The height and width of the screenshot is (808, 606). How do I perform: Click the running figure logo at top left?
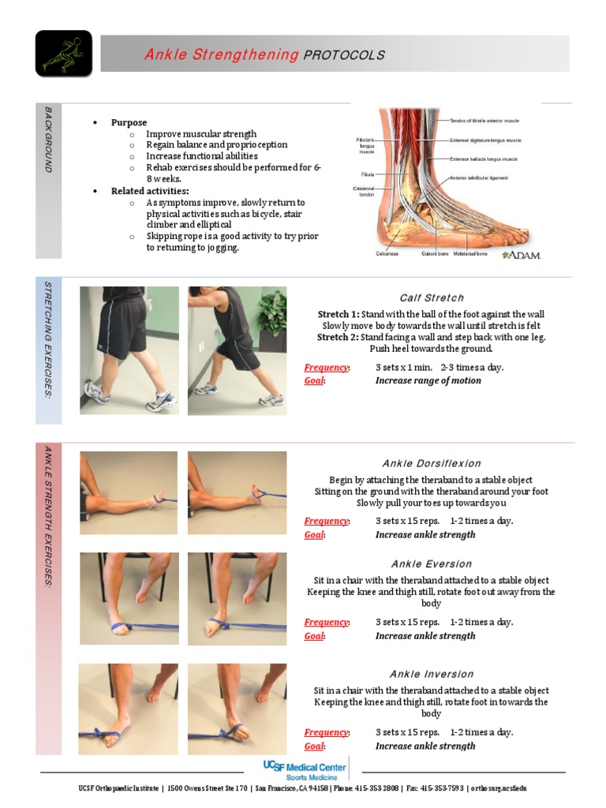click(x=63, y=54)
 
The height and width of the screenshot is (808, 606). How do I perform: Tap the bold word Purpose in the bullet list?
click(x=129, y=122)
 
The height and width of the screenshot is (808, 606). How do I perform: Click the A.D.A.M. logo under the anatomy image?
click(x=521, y=255)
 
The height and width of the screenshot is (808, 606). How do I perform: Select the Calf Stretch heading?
click(x=432, y=298)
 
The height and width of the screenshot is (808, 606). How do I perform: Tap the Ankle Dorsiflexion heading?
click(x=432, y=463)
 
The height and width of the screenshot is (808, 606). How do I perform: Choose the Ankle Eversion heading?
click(x=432, y=564)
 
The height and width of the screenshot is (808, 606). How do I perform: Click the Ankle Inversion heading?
click(x=432, y=674)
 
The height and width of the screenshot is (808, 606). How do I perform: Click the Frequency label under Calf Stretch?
click(x=327, y=368)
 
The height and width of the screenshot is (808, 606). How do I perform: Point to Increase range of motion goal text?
click(x=428, y=381)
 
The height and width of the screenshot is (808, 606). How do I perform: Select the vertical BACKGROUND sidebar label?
click(x=48, y=140)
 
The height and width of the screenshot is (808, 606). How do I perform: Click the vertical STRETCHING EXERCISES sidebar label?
click(x=48, y=339)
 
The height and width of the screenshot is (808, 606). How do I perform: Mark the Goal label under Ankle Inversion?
click(x=315, y=746)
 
